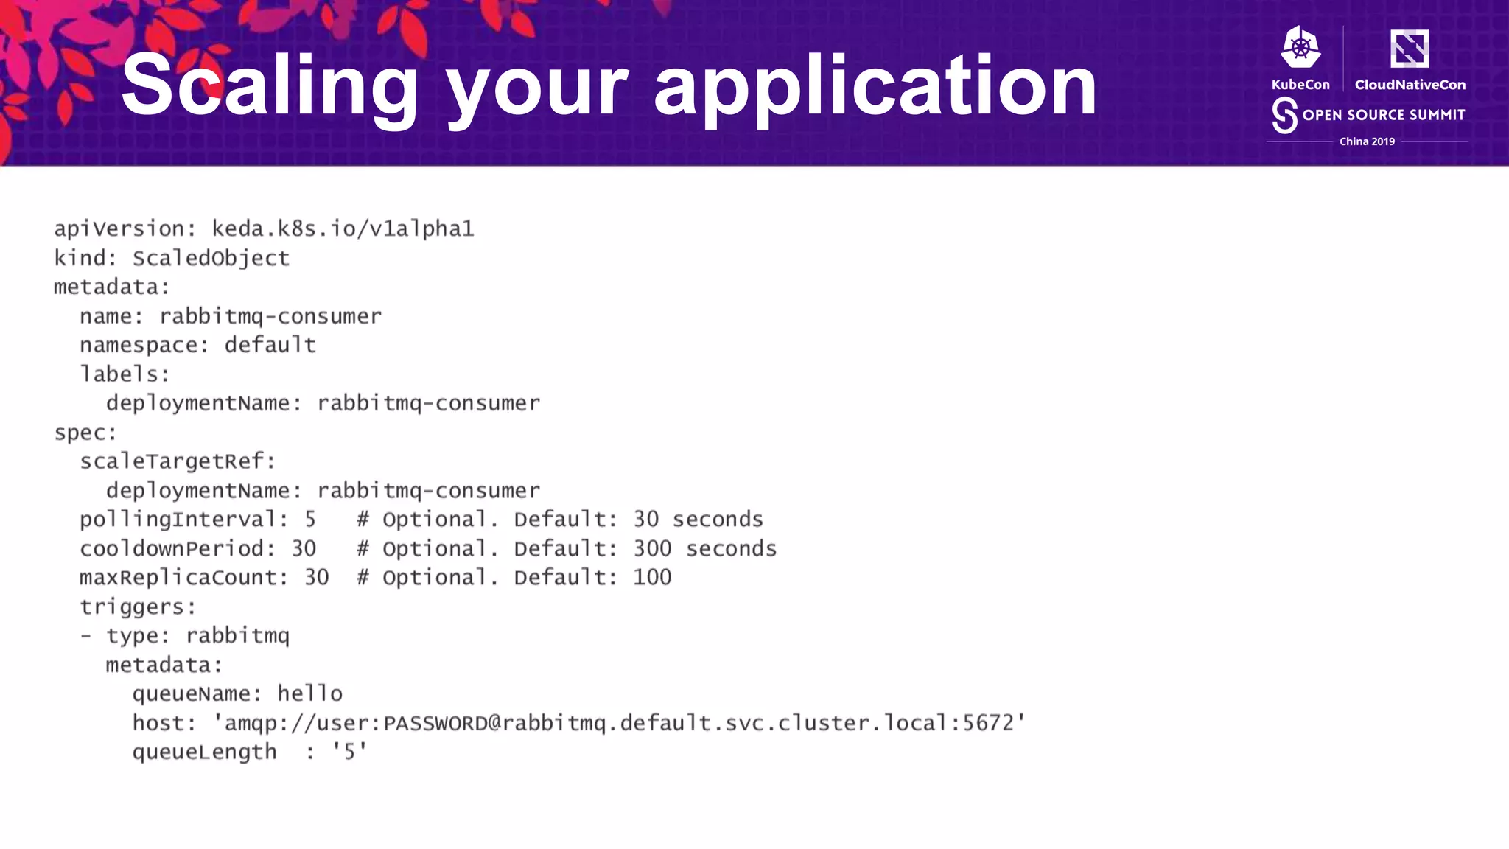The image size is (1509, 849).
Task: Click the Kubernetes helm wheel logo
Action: (x=1300, y=49)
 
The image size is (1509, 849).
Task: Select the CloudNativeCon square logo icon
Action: (x=1409, y=49)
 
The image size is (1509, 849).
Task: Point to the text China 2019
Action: (x=1367, y=141)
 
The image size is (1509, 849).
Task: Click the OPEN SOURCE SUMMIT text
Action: (x=1383, y=115)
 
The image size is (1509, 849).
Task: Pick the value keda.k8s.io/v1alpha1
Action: (x=343, y=228)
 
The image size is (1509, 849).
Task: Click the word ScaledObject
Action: (x=211, y=258)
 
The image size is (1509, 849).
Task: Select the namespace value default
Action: (x=270, y=345)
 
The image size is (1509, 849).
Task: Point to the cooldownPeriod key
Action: (x=172, y=549)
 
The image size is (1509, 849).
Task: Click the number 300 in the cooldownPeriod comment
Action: (x=652, y=549)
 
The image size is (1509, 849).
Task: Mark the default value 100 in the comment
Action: (x=652, y=578)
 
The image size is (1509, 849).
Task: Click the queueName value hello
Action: (x=309, y=694)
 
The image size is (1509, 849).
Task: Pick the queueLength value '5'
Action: (x=349, y=752)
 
